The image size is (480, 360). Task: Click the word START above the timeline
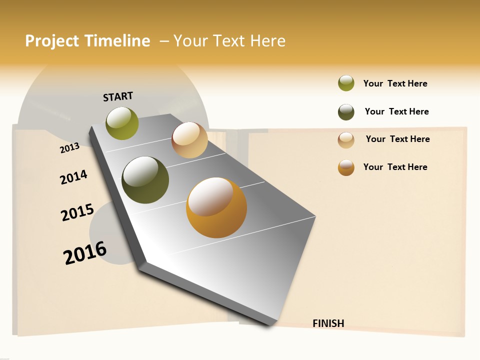pyautogui.click(x=118, y=96)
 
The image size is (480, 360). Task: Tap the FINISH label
pyautogui.click(x=328, y=323)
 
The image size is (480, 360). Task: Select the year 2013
pyautogui.click(x=69, y=148)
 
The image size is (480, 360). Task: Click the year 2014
pyautogui.click(x=73, y=177)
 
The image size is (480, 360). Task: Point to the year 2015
pyautogui.click(x=77, y=212)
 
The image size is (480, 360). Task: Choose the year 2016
pyautogui.click(x=85, y=252)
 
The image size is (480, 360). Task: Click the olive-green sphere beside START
pyautogui.click(x=122, y=123)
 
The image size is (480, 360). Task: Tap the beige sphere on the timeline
pyautogui.click(x=189, y=140)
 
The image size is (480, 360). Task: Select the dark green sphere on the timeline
pyautogui.click(x=145, y=180)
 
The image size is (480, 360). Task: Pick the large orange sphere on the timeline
pyautogui.click(x=216, y=207)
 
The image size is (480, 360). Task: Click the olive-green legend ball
pyautogui.click(x=346, y=83)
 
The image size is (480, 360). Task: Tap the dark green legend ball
pyautogui.click(x=346, y=112)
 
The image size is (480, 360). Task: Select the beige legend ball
pyautogui.click(x=346, y=139)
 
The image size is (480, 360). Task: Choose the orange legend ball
pyautogui.click(x=346, y=167)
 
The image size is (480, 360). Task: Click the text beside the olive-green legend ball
pyautogui.click(x=395, y=83)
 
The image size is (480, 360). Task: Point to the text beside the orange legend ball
pyautogui.click(x=395, y=167)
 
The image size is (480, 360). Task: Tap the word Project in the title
pyautogui.click(x=52, y=41)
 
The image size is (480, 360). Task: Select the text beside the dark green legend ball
pyautogui.click(x=396, y=111)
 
